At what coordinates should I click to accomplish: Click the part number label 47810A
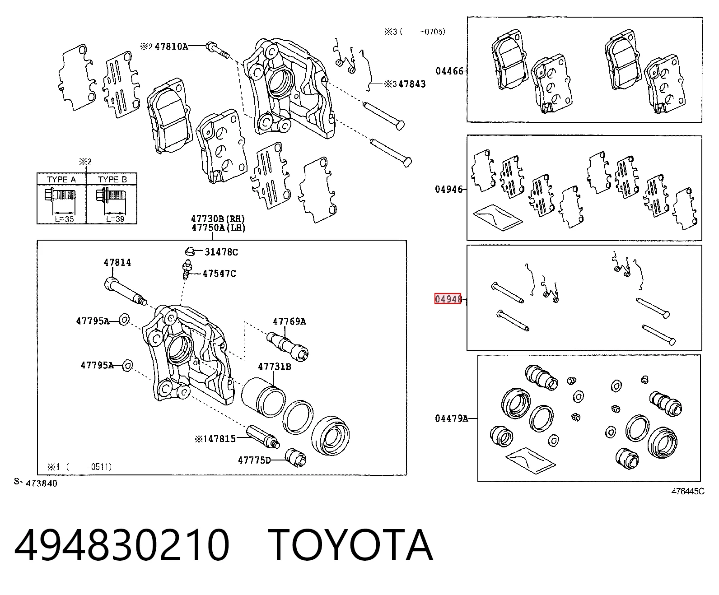tap(171, 46)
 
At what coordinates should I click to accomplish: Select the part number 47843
tap(412, 84)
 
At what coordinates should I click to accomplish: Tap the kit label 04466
tap(449, 71)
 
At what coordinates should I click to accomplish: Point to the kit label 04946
tap(448, 190)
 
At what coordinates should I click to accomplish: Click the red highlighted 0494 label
tap(448, 299)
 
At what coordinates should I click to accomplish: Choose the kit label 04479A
tap(452, 418)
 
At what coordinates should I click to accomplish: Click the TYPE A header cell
tap(61, 179)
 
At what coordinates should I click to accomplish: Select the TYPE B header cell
tap(112, 179)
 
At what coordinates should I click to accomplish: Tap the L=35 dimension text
tap(65, 219)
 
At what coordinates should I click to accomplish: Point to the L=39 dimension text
tap(115, 219)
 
